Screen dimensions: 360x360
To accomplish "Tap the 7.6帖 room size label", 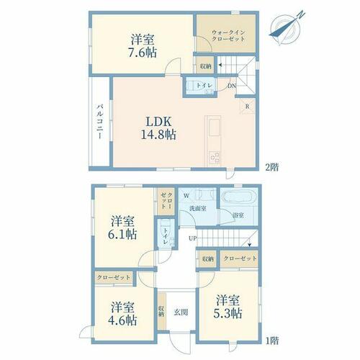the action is point(143,53).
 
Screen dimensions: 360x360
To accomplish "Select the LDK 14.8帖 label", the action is point(158,128).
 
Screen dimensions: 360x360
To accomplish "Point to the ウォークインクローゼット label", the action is point(228,35).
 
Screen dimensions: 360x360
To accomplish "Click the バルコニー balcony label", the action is point(100,121).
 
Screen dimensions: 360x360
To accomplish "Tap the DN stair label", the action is point(232,86).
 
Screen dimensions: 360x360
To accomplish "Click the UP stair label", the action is point(192,238).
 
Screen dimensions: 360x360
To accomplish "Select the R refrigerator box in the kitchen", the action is point(248,106).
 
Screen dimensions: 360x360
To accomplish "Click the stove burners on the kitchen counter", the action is point(214,158).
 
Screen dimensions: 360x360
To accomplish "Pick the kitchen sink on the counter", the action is point(215,127).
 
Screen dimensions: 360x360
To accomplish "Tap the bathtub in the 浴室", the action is point(238,197).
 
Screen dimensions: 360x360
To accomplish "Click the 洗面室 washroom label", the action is point(198,208).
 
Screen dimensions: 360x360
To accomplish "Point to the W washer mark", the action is point(186,196).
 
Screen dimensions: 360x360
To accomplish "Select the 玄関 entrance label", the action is point(181,312).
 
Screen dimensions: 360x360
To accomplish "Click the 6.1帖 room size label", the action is point(122,235).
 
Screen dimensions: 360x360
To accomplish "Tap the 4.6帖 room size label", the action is point(122,320).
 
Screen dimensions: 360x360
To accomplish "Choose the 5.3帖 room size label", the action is point(228,313).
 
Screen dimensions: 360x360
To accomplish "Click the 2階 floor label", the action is point(272,167).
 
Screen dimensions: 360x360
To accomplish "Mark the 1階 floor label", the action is point(272,341).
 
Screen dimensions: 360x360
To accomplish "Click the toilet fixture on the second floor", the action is point(192,86).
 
